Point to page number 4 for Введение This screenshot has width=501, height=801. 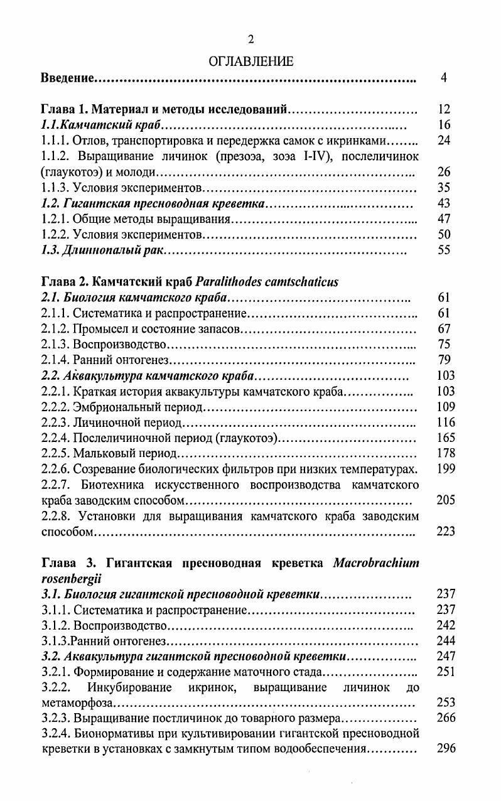coord(444,78)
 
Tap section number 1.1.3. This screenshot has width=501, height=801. coord(55,188)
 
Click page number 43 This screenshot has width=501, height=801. coord(444,203)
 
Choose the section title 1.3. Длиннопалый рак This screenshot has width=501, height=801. coord(101,250)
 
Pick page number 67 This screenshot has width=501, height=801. coord(444,328)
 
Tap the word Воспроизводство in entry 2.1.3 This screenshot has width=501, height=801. coord(120,344)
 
